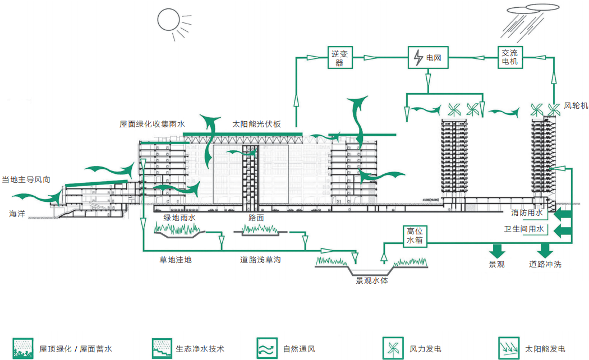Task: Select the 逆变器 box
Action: [x=339, y=57]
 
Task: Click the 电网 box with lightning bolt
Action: [x=428, y=57]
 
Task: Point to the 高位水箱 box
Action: [x=415, y=236]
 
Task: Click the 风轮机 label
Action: [x=576, y=105]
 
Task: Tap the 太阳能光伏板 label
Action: [x=256, y=124]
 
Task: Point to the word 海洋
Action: [x=17, y=214]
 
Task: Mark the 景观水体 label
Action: [x=371, y=280]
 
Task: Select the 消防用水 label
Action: [x=527, y=214]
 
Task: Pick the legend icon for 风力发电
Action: [x=390, y=348]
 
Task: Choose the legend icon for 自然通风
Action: [x=265, y=348]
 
